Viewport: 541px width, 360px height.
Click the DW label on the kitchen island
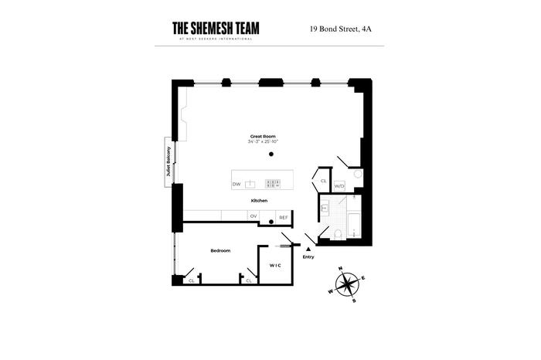(236, 184)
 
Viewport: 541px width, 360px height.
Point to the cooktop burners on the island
(273, 184)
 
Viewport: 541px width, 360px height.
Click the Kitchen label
(259, 200)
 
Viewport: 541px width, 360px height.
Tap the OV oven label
(253, 216)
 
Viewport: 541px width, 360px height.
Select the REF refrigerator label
(283, 217)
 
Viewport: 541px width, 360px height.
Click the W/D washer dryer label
(339, 186)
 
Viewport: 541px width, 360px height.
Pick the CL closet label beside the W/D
(323, 181)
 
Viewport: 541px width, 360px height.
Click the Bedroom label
(220, 250)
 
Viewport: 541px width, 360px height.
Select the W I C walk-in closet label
(274, 265)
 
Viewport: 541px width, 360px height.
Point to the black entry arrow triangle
(308, 249)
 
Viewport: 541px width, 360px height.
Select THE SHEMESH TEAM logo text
(216, 29)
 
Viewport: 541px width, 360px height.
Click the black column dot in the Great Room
(271, 155)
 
